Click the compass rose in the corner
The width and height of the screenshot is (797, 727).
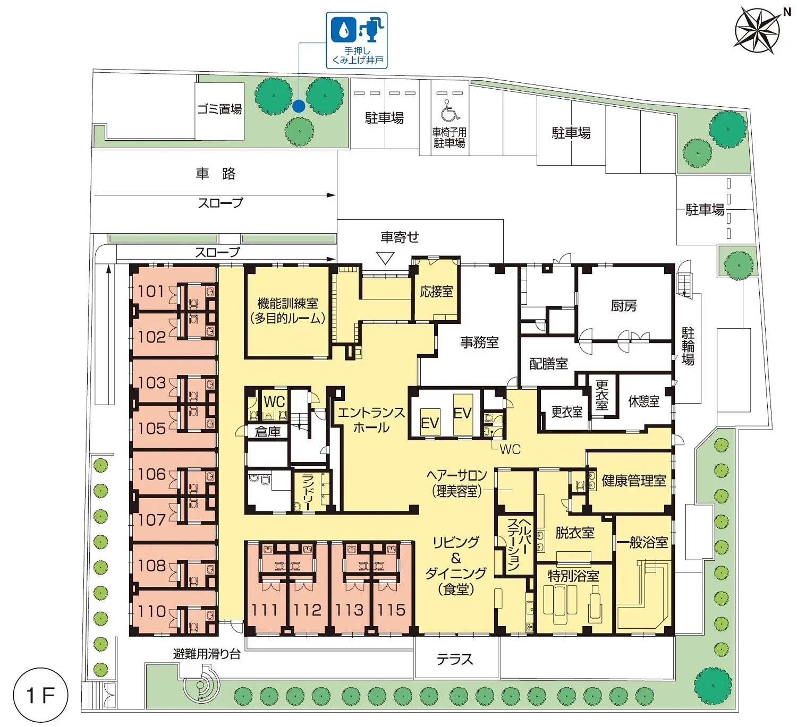click(757, 31)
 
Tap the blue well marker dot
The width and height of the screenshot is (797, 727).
click(299, 106)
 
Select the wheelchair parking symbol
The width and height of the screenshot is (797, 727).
click(450, 110)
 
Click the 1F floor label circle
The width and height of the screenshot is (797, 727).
click(40, 695)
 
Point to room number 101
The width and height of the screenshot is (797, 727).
click(151, 292)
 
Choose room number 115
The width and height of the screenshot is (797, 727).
click(392, 610)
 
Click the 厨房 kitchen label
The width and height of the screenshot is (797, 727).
click(623, 305)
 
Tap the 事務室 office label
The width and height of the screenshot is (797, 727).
click(479, 342)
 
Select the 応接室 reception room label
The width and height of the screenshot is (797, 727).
click(436, 292)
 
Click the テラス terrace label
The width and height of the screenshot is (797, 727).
click(455, 659)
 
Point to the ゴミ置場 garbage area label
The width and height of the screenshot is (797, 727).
click(220, 109)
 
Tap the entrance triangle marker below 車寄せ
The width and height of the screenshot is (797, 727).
click(385, 258)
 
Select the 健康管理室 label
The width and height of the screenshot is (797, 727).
click(634, 480)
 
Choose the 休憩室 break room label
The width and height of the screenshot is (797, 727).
click(643, 401)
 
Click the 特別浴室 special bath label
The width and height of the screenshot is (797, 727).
click(573, 576)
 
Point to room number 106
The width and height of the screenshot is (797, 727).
click(151, 474)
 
